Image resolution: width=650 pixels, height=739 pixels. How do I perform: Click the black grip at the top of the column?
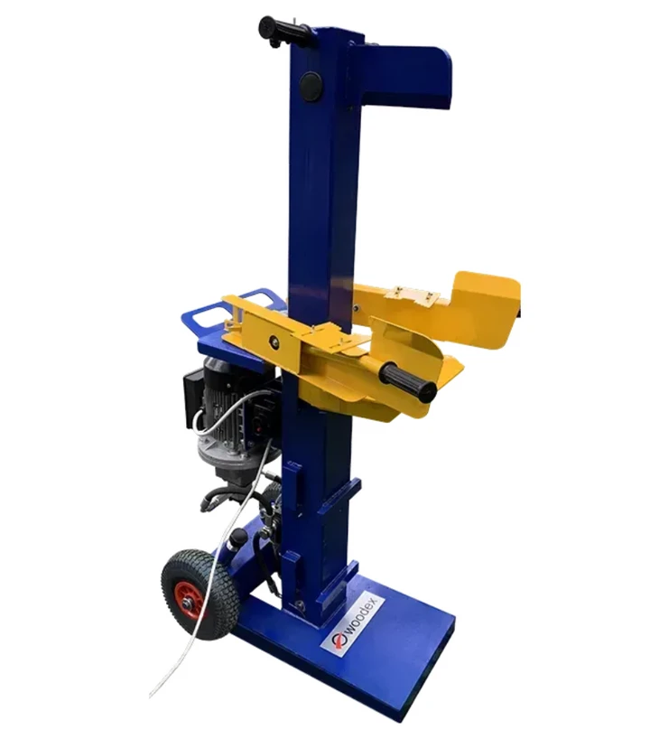(279, 30)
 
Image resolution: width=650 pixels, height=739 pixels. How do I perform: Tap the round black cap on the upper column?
(311, 86)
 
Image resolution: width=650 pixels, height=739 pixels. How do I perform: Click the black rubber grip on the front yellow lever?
(408, 381)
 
